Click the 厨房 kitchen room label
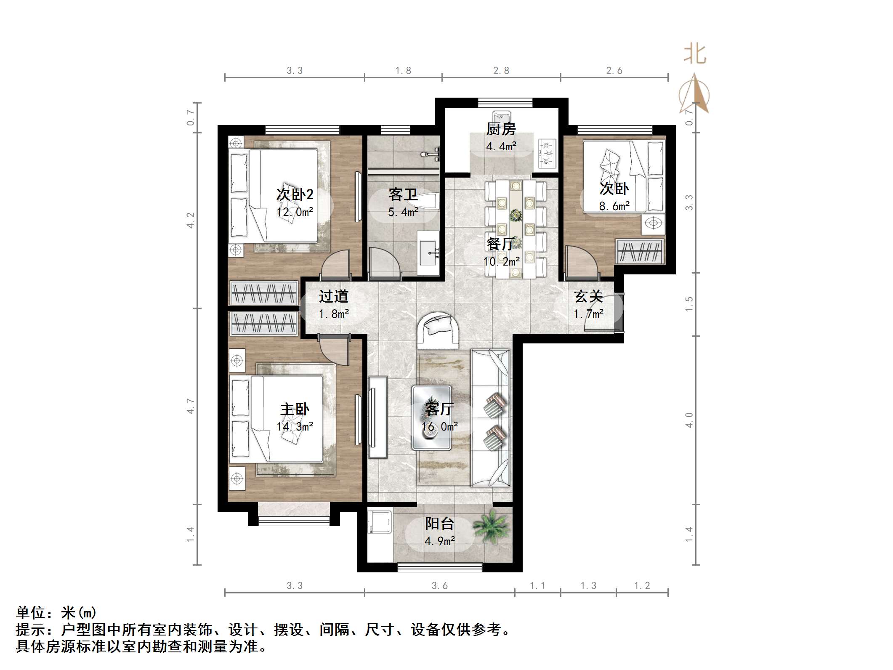tap(501, 129)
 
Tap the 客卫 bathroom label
tap(403, 195)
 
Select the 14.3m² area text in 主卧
tap(295, 426)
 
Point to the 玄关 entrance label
tap(588, 297)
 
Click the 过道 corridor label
tap(333, 296)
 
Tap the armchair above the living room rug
tap(438, 330)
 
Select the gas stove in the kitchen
tap(547, 153)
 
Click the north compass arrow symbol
tap(694, 95)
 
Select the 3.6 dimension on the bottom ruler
tap(439, 585)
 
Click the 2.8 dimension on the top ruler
tap(501, 70)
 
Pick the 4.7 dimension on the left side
tap(191, 406)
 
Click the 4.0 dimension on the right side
tap(689, 420)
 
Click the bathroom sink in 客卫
tap(429, 253)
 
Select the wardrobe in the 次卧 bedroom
tap(640, 252)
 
